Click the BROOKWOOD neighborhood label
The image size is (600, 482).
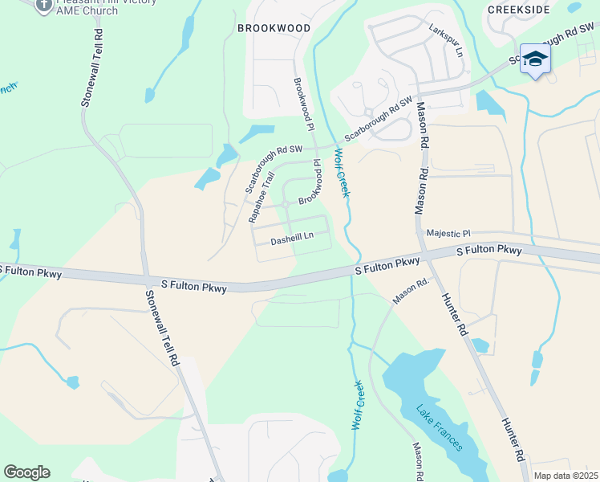click(274, 27)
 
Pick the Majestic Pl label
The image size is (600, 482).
click(448, 233)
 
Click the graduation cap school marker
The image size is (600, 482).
click(535, 59)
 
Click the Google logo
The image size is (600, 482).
click(26, 472)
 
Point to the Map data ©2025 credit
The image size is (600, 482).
click(566, 476)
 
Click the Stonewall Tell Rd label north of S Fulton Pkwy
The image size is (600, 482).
click(92, 68)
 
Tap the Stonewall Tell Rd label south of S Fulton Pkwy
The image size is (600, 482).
click(161, 329)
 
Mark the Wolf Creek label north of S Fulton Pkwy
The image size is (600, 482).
click(343, 172)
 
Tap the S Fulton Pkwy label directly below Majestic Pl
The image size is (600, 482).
click(489, 251)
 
